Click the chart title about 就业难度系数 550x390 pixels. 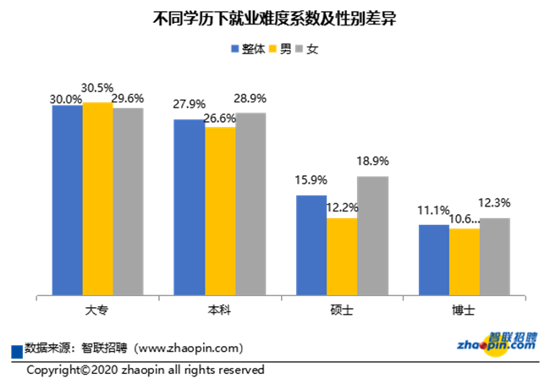pyautogui.click(x=275, y=18)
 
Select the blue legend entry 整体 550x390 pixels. pyautogui.click(x=246, y=49)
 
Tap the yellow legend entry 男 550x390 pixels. pyautogui.click(x=280, y=49)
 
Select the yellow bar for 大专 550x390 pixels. pyautogui.click(x=98, y=199)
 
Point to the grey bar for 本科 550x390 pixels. pyautogui.click(x=250, y=204)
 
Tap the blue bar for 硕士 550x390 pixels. pyautogui.click(x=311, y=245)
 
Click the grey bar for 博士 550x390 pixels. pyautogui.click(x=494, y=257)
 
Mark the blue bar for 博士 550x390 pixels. pyautogui.click(x=433, y=261)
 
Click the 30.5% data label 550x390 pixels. pyautogui.click(x=98, y=88)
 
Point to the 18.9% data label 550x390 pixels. pyautogui.click(x=372, y=162)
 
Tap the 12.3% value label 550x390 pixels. pyautogui.click(x=494, y=203)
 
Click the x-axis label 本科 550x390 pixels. pyautogui.click(x=220, y=310)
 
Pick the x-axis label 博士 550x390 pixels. pyautogui.click(x=464, y=310)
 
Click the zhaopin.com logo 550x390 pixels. pyautogui.click(x=497, y=343)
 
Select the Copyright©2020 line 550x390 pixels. pyautogui.click(x=146, y=371)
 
